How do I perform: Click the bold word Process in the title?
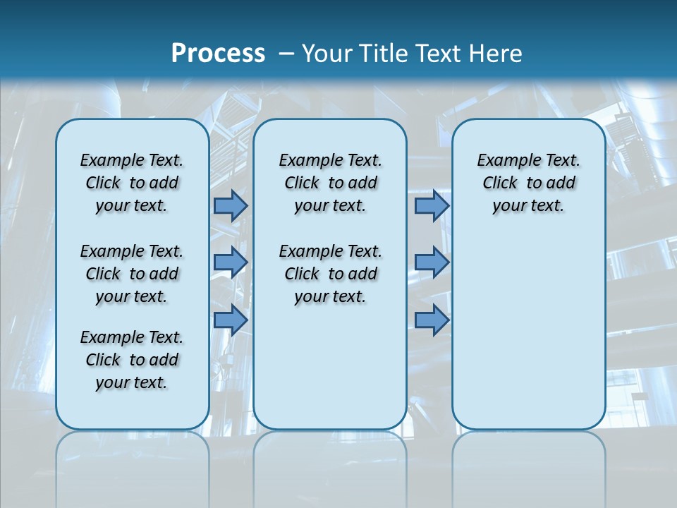click(218, 53)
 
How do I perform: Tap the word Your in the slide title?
click(325, 53)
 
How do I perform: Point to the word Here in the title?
click(494, 53)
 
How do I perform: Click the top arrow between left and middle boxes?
click(231, 205)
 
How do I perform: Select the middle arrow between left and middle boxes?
click(231, 262)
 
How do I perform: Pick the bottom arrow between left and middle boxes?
click(231, 320)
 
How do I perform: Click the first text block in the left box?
click(132, 183)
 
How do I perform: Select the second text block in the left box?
click(132, 274)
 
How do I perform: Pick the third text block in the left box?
click(132, 360)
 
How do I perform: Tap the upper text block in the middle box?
click(330, 183)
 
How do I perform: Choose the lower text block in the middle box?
click(330, 274)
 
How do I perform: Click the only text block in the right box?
click(528, 183)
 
